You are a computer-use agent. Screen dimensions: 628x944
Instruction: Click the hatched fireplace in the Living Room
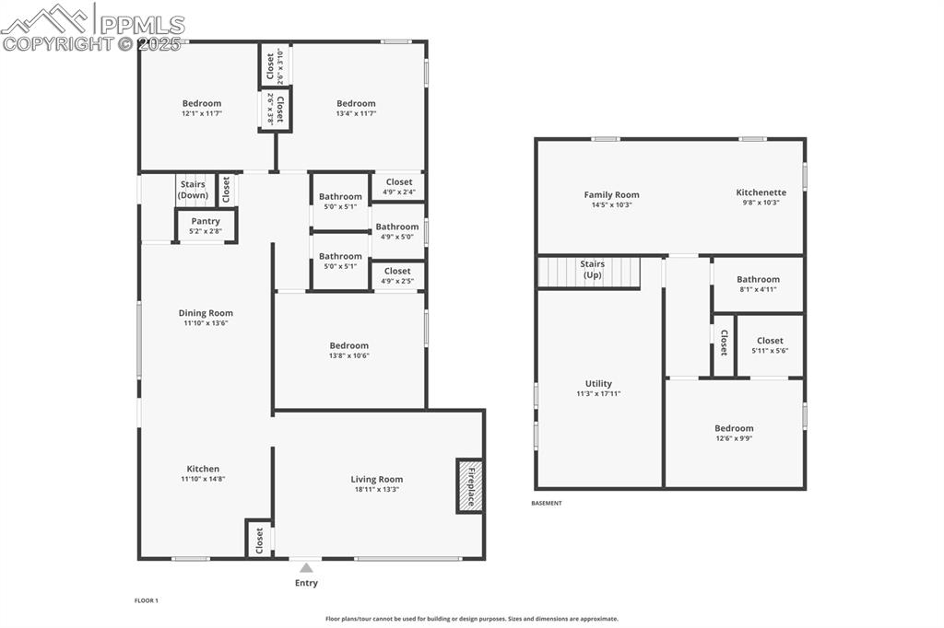pyautogui.click(x=469, y=485)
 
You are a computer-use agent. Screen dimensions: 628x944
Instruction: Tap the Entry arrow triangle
pyautogui.click(x=306, y=568)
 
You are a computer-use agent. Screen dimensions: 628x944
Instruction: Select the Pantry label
pyautogui.click(x=206, y=221)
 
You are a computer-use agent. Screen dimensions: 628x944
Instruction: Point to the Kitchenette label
pyautogui.click(x=761, y=192)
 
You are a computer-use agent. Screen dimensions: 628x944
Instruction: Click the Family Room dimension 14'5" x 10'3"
pyautogui.click(x=611, y=204)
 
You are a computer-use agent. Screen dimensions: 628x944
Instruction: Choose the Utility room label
pyautogui.click(x=598, y=384)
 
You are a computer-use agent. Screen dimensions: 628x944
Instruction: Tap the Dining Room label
pyautogui.click(x=206, y=313)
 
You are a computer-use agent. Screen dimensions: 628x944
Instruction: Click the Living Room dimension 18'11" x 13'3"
pyautogui.click(x=376, y=489)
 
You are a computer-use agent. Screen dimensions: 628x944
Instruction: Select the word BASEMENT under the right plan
pyautogui.click(x=546, y=503)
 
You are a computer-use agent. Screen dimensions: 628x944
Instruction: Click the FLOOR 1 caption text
pyautogui.click(x=146, y=600)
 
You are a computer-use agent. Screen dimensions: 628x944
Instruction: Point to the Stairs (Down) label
pyautogui.click(x=193, y=190)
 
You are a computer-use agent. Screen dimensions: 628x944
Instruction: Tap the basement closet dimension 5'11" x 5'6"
pyautogui.click(x=770, y=351)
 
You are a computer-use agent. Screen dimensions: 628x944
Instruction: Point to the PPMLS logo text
pyautogui.click(x=142, y=25)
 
